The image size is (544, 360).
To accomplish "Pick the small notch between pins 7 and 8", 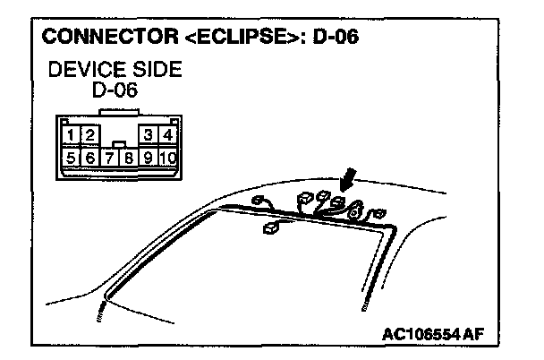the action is click(x=119, y=143).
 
